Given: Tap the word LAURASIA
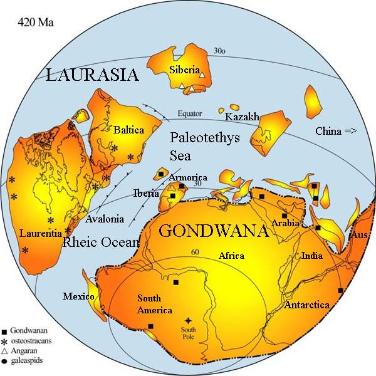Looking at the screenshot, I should click(92, 76).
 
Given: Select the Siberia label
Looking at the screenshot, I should click(184, 69).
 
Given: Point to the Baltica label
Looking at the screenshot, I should click(129, 130).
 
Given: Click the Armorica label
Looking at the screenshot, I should click(187, 177).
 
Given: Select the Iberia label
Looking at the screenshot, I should click(146, 193).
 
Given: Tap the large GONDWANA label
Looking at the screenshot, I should click(213, 231).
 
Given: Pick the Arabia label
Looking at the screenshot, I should click(286, 224).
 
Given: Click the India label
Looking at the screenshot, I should click(312, 256).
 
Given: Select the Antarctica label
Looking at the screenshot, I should click(307, 305).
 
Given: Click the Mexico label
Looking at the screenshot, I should click(78, 296).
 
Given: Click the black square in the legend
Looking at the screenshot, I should click(5, 330).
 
